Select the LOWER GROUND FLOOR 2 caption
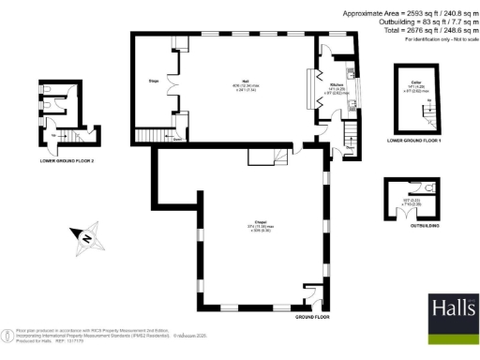pos(67,161)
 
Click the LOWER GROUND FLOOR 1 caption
pos(412,140)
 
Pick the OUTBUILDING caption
pos(412,225)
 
